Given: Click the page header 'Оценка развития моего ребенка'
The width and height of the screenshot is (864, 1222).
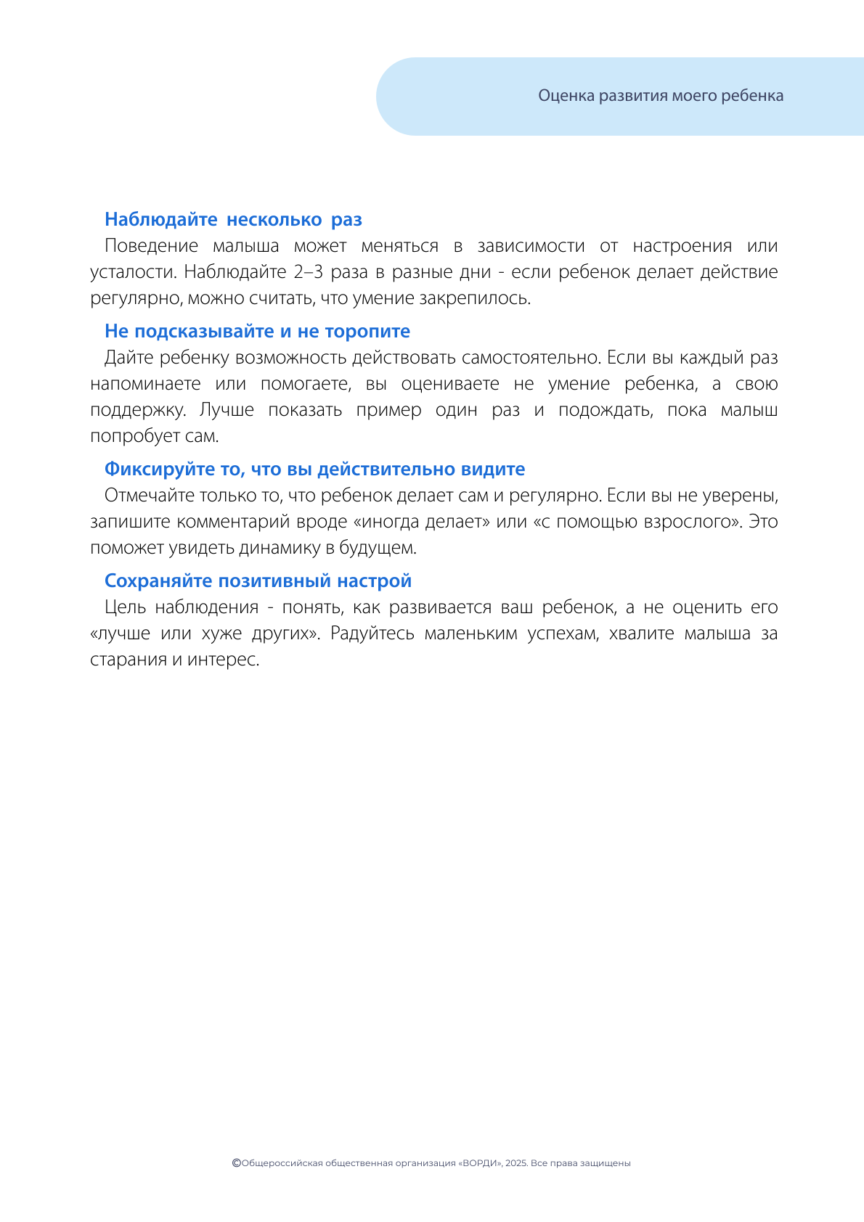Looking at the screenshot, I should click(x=661, y=96).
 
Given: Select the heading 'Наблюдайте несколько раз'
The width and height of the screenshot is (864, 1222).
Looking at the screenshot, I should click(x=233, y=219).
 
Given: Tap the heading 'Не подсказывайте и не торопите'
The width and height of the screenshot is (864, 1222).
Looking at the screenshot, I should click(x=257, y=331).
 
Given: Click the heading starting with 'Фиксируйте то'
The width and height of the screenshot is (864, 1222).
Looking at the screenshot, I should click(x=314, y=469).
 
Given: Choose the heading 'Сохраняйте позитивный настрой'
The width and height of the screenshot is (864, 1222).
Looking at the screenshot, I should click(x=258, y=581).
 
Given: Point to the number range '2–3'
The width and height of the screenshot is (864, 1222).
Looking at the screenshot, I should click(x=309, y=272).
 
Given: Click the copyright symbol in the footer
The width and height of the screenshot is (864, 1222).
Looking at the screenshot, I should click(x=236, y=1162).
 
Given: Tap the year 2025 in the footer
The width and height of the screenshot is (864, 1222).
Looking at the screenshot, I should click(x=515, y=1163).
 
